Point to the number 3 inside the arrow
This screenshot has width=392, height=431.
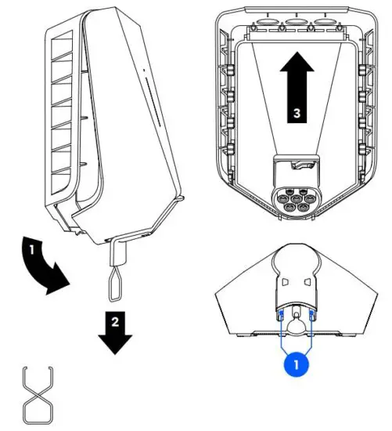pyautogui.click(x=297, y=113)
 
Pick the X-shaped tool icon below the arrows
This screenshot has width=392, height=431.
pyautogui.click(x=38, y=395)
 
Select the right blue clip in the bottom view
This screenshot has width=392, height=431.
pyautogui.click(x=312, y=315)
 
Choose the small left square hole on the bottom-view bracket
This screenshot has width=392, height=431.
pyautogui.click(x=285, y=281)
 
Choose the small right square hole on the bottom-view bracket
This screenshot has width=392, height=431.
pyautogui.click(x=309, y=281)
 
